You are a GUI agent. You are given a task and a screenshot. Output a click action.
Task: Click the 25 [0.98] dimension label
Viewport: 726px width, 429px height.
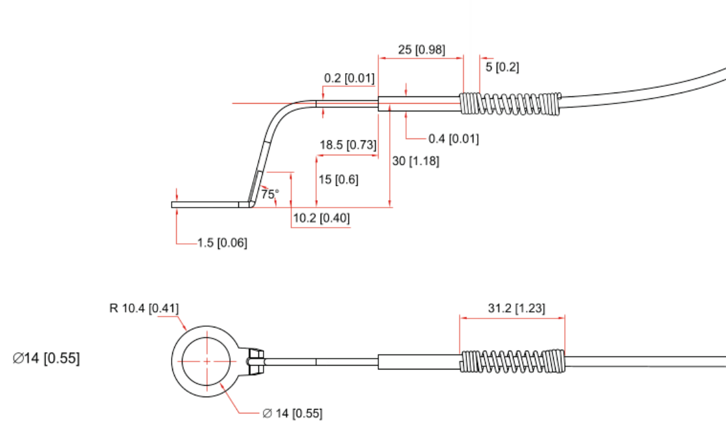click(x=421, y=49)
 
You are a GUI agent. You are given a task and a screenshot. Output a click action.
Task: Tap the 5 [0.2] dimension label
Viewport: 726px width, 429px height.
click(x=502, y=67)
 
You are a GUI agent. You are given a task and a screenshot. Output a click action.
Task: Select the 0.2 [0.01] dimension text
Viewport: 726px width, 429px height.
click(x=349, y=78)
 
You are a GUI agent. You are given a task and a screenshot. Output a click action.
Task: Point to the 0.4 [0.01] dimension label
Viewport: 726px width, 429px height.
click(x=453, y=138)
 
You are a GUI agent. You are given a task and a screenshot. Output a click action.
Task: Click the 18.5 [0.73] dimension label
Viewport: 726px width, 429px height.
click(x=348, y=145)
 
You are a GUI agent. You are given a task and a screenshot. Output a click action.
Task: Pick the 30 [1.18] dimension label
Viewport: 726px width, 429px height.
click(x=416, y=161)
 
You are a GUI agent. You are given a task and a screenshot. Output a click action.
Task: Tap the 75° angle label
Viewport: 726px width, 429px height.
click(x=269, y=193)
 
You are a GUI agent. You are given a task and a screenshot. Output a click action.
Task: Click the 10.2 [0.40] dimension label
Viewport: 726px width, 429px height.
click(x=321, y=219)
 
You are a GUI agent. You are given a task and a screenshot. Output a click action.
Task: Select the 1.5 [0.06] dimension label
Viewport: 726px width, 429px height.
click(x=222, y=243)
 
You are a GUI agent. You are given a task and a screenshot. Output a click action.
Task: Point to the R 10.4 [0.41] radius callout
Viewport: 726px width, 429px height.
click(x=144, y=307)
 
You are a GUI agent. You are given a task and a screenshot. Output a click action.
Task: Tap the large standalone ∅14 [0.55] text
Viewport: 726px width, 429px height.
click(x=47, y=358)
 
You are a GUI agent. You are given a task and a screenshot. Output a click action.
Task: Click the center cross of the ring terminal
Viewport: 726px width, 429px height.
click(x=207, y=360)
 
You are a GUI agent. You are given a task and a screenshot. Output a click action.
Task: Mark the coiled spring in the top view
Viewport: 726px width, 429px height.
click(x=510, y=104)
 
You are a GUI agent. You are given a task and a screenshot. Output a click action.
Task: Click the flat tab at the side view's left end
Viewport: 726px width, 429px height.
click(x=207, y=205)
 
